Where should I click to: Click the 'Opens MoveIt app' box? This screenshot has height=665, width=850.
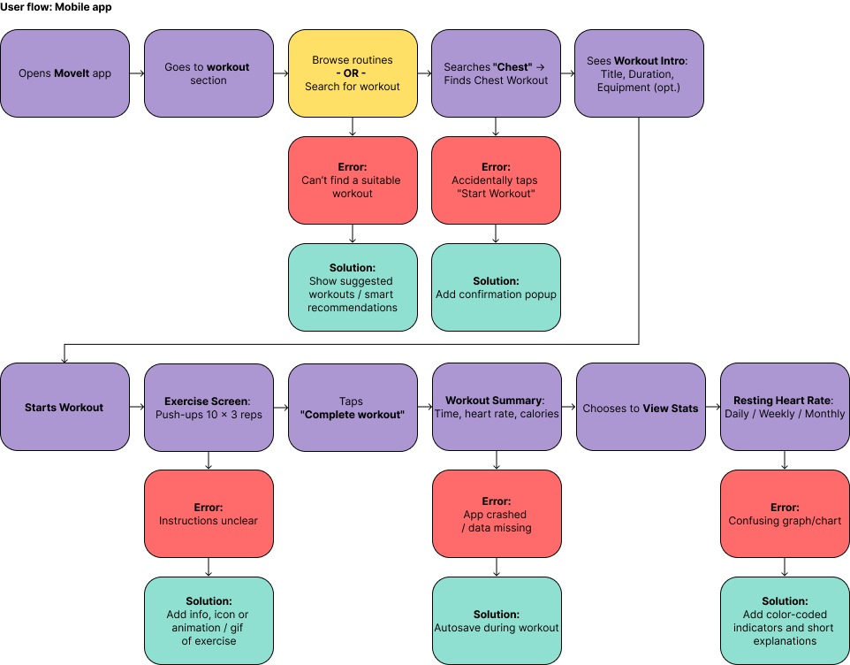pyautogui.click(x=65, y=73)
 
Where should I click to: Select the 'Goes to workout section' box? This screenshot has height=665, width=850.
pyautogui.click(x=209, y=73)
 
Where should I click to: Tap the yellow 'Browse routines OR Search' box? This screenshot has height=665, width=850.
pyautogui.click(x=353, y=73)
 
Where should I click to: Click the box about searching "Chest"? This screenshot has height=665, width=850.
pyautogui.click(x=496, y=73)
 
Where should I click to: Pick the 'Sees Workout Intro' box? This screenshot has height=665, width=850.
pyautogui.click(x=639, y=73)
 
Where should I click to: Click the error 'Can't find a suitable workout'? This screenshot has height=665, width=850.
pyautogui.click(x=353, y=180)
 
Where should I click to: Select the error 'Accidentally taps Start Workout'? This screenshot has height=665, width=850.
pyautogui.click(x=496, y=180)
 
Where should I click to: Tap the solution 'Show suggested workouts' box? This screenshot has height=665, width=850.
pyautogui.click(x=353, y=287)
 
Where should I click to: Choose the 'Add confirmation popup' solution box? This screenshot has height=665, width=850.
pyautogui.click(x=496, y=287)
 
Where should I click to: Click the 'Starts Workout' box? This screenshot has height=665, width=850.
pyautogui.click(x=65, y=407)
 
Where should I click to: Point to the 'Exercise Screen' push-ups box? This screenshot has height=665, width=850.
pyautogui.click(x=209, y=407)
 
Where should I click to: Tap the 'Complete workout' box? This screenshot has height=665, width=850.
pyautogui.click(x=353, y=407)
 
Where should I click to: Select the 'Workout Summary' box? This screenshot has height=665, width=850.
pyautogui.click(x=497, y=407)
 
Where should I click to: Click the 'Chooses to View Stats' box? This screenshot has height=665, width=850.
pyautogui.click(x=641, y=407)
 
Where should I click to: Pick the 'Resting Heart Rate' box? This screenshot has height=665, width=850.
pyautogui.click(x=785, y=407)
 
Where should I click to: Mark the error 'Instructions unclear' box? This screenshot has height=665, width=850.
pyautogui.click(x=209, y=514)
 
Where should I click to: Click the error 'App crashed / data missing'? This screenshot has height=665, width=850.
pyautogui.click(x=497, y=514)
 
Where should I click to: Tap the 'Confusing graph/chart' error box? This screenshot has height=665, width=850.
pyautogui.click(x=785, y=514)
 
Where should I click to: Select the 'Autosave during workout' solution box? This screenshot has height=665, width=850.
pyautogui.click(x=497, y=621)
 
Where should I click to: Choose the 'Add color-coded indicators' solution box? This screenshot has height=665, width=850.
pyautogui.click(x=785, y=621)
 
